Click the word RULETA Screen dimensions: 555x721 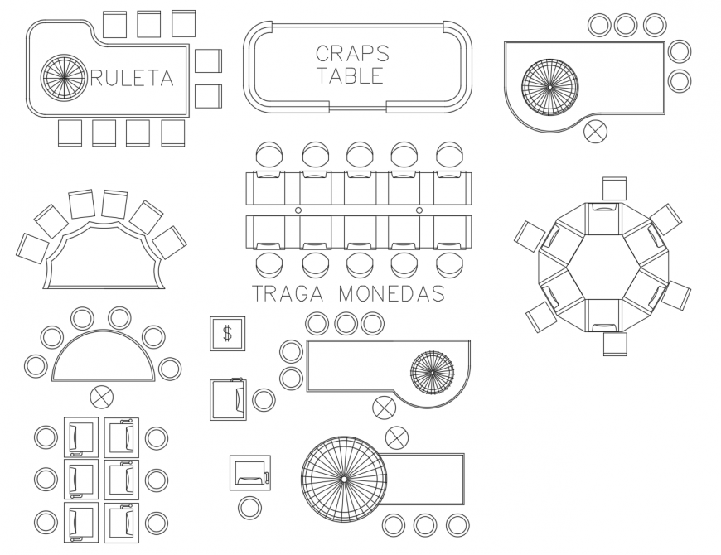(x=133, y=78)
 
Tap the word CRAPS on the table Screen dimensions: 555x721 (x=352, y=54)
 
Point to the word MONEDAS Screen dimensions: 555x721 (x=392, y=293)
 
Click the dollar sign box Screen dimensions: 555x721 (x=227, y=334)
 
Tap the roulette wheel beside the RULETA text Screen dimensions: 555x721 (x=64, y=78)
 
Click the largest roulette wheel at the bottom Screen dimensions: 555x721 (x=343, y=479)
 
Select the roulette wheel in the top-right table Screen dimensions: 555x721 (x=549, y=85)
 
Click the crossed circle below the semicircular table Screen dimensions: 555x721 (x=102, y=397)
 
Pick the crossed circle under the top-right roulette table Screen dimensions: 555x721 (x=595, y=131)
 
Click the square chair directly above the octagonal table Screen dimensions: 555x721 (x=614, y=188)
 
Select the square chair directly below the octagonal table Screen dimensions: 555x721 (x=615, y=344)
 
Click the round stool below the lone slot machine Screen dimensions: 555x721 (x=249, y=508)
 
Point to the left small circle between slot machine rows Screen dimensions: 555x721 (x=298, y=211)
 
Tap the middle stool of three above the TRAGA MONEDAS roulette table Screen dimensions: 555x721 (x=345, y=323)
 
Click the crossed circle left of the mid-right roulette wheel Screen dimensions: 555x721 (x=384, y=407)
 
